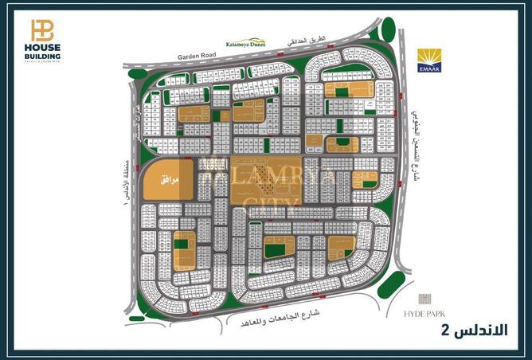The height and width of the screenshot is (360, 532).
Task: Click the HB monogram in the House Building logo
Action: [x=42, y=29]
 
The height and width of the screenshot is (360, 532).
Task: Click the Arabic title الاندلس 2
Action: [x=475, y=330]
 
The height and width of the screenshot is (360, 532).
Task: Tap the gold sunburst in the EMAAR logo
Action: [x=429, y=57]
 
